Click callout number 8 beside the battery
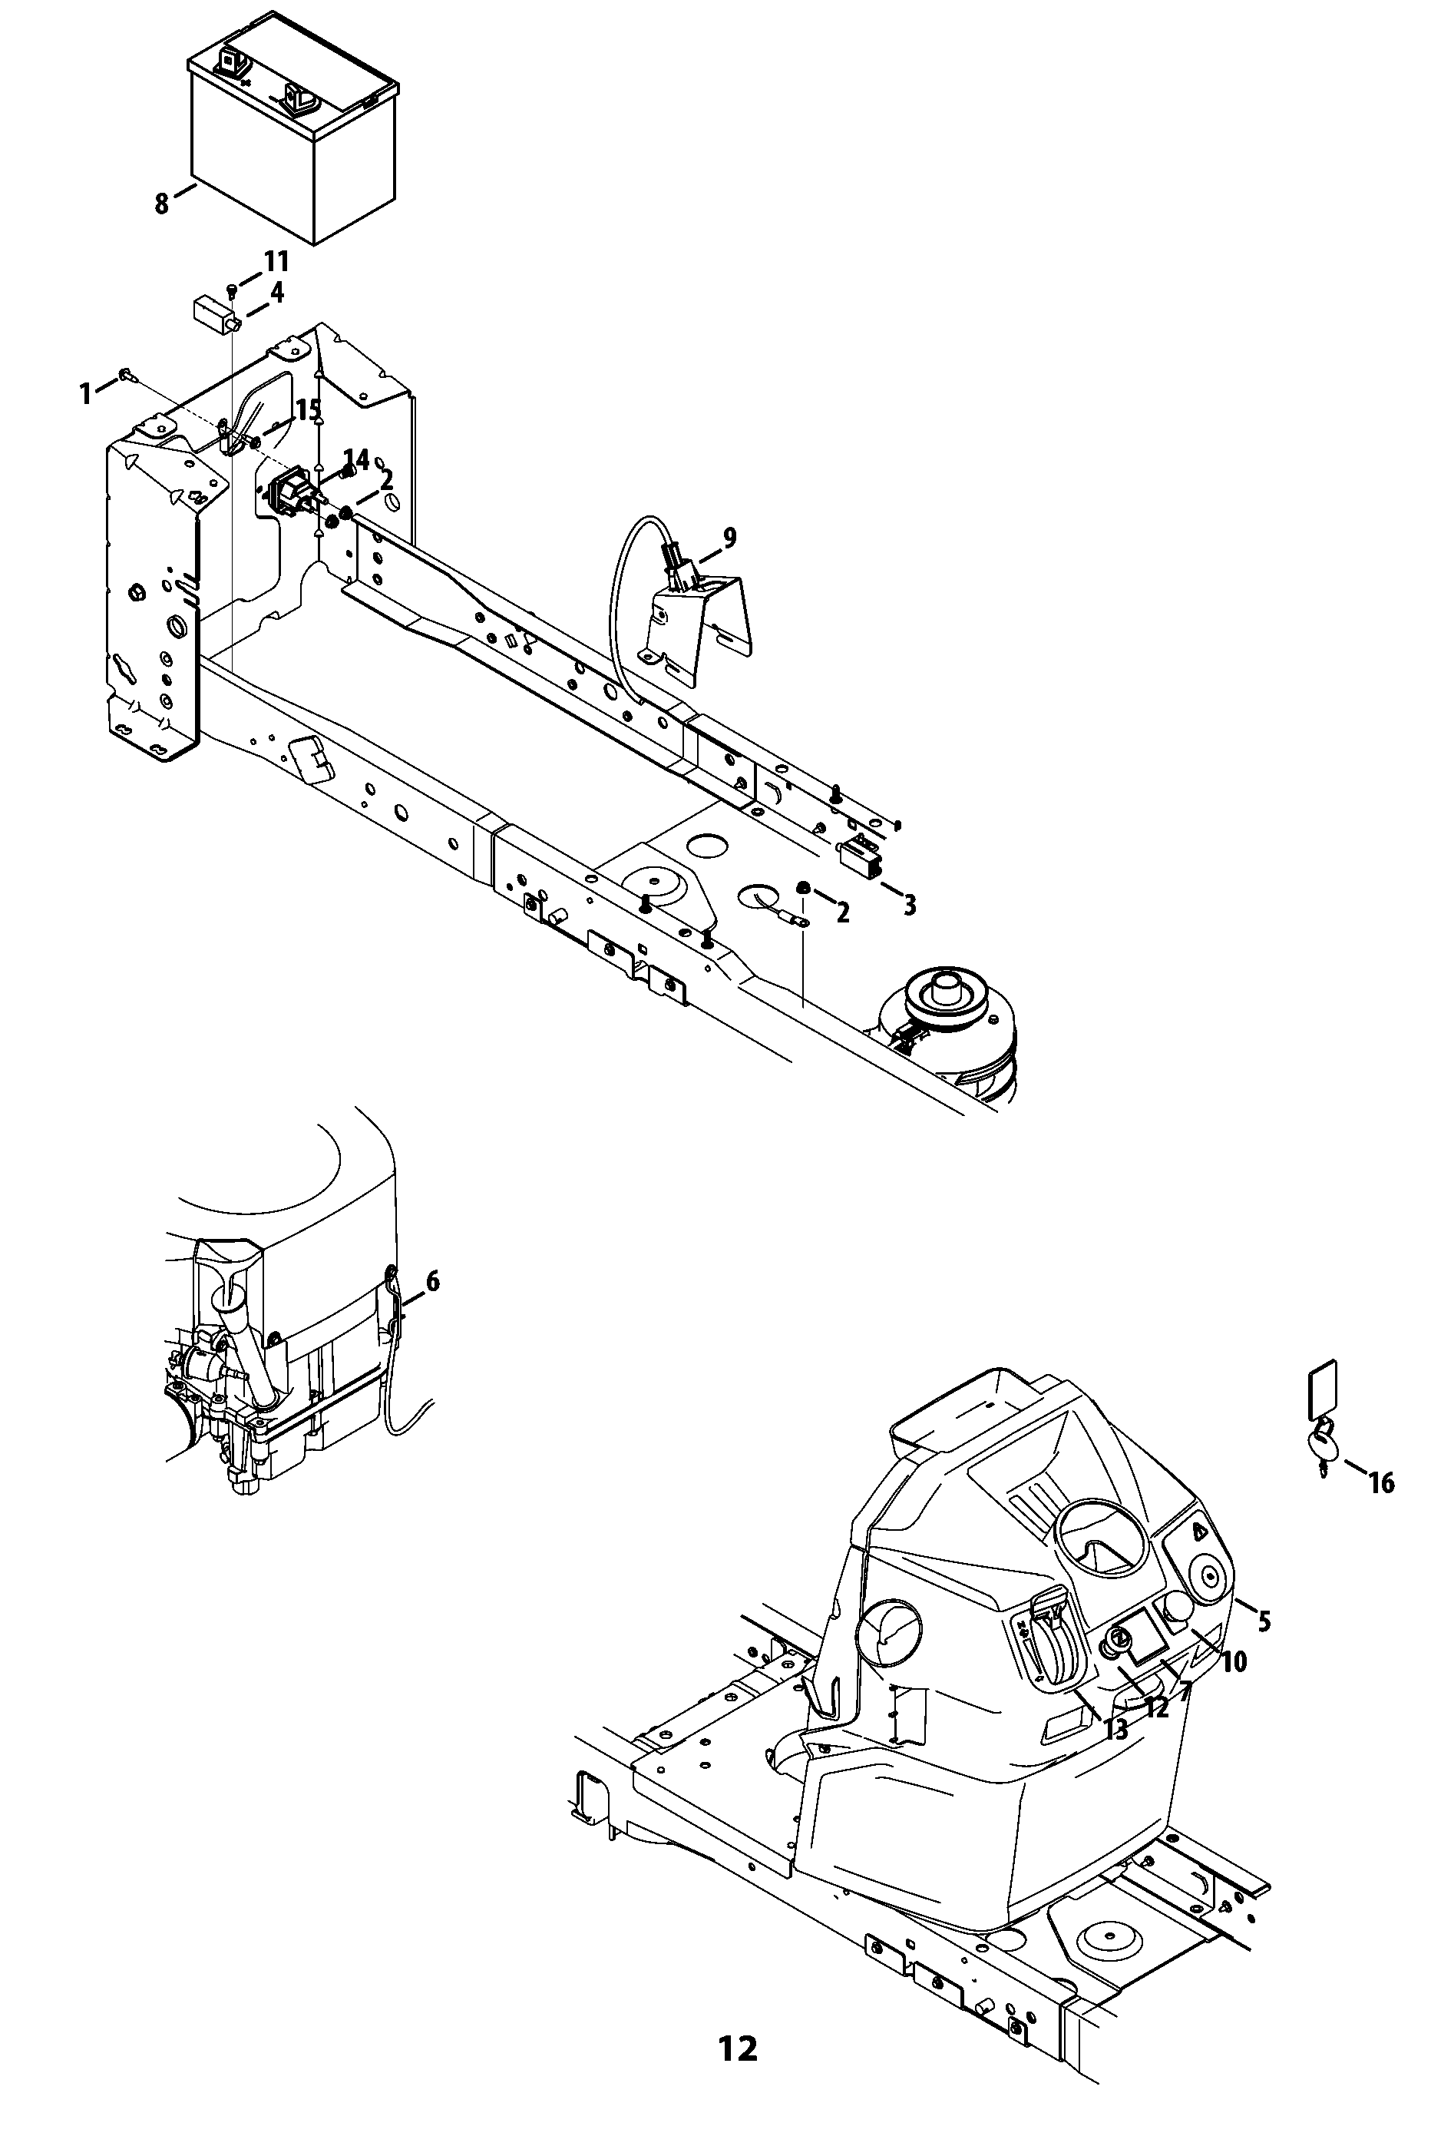tap(161, 203)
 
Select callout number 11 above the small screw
tap(276, 262)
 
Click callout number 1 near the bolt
tap(86, 393)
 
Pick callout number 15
tap(309, 410)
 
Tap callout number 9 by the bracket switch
tap(729, 538)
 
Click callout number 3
tap(909, 905)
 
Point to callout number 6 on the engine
tap(431, 1282)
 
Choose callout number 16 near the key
tap(1382, 1483)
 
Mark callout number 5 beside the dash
tap(1264, 1621)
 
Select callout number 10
tap(1233, 1662)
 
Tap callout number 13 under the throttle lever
tap(1116, 1729)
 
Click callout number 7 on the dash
tap(1184, 1691)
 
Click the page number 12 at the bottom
tap(738, 2050)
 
